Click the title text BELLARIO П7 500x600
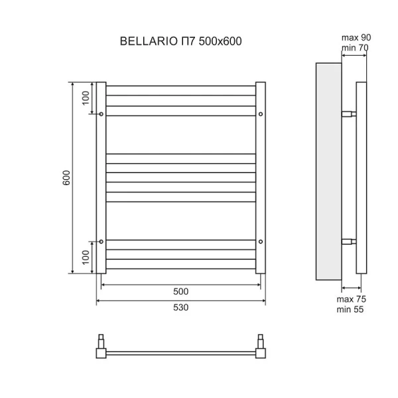pyautogui.click(x=180, y=41)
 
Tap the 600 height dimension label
pyautogui.click(x=66, y=178)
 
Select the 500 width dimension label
pyautogui.click(x=181, y=292)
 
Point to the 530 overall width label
pyautogui.click(x=181, y=308)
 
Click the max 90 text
pyautogui.click(x=356, y=37)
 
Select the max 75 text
pyautogui.click(x=352, y=299)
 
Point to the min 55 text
pyautogui.click(x=352, y=309)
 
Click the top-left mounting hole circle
pyautogui.click(x=101, y=115)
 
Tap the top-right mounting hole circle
pyautogui.click(x=261, y=115)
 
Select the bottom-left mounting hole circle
pyautogui.click(x=101, y=241)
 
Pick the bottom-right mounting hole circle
pyautogui.click(x=261, y=241)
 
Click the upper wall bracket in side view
pyautogui.click(x=348, y=114)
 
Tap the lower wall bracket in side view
pyautogui.click(x=348, y=241)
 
